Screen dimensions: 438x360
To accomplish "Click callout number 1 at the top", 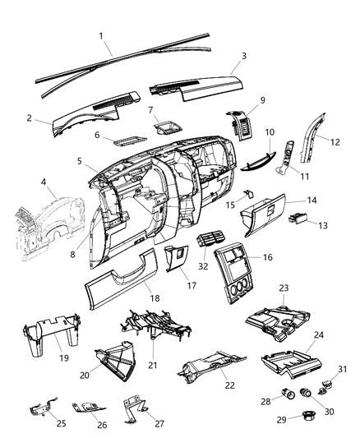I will pyautogui.click(x=101, y=36).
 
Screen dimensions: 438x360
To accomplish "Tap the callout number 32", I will pyautogui.click(x=203, y=265).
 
